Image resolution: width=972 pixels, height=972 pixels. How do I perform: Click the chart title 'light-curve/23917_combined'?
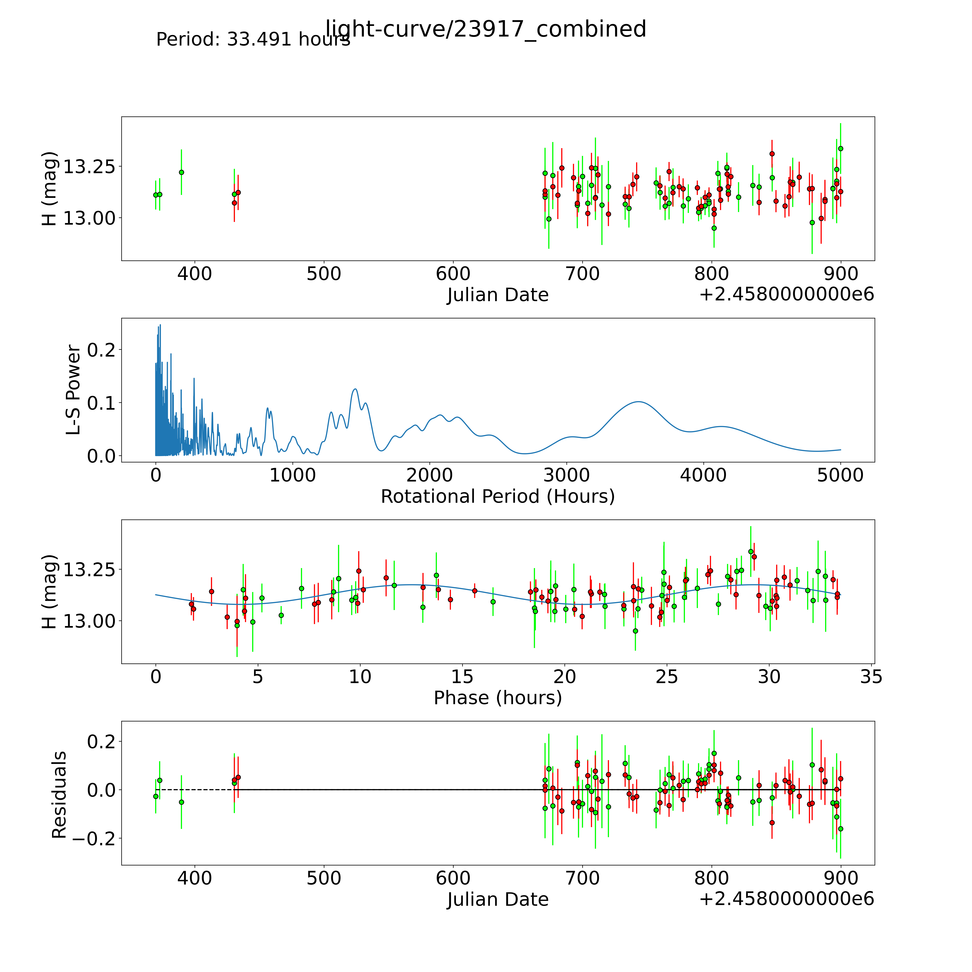[485, 29]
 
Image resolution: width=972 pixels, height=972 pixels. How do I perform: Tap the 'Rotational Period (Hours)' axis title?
[498, 497]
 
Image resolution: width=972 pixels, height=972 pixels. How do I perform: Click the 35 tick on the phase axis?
[871, 677]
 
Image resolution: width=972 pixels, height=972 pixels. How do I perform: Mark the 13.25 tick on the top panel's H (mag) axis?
[85, 166]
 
